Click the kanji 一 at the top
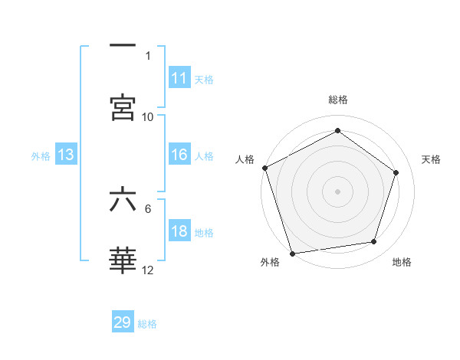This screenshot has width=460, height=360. tap(123, 46)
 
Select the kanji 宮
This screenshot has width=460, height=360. tap(123, 106)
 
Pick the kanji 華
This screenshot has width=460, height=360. tap(123, 261)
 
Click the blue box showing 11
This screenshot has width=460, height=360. tap(179, 77)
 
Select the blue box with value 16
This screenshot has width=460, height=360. tap(179, 155)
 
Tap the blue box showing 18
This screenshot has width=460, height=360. tap(179, 232)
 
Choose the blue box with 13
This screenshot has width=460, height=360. tap(66, 155)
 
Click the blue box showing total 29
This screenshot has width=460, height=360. tap(123, 322)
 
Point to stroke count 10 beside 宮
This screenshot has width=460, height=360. tap(148, 117)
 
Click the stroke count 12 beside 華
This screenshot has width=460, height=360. tap(148, 270)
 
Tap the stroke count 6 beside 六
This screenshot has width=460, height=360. tap(148, 208)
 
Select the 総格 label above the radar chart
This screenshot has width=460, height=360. tap(337, 100)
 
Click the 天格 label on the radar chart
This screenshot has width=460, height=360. tap(431, 159)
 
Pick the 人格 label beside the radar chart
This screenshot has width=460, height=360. tap(244, 159)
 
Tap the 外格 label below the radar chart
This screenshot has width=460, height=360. tap(270, 262)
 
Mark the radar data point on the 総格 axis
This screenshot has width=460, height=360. tap(337, 131)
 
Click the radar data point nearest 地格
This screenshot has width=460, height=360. tap(374, 242)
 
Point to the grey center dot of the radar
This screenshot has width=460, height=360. tap(337, 191)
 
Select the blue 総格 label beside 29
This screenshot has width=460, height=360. tap(147, 324)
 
